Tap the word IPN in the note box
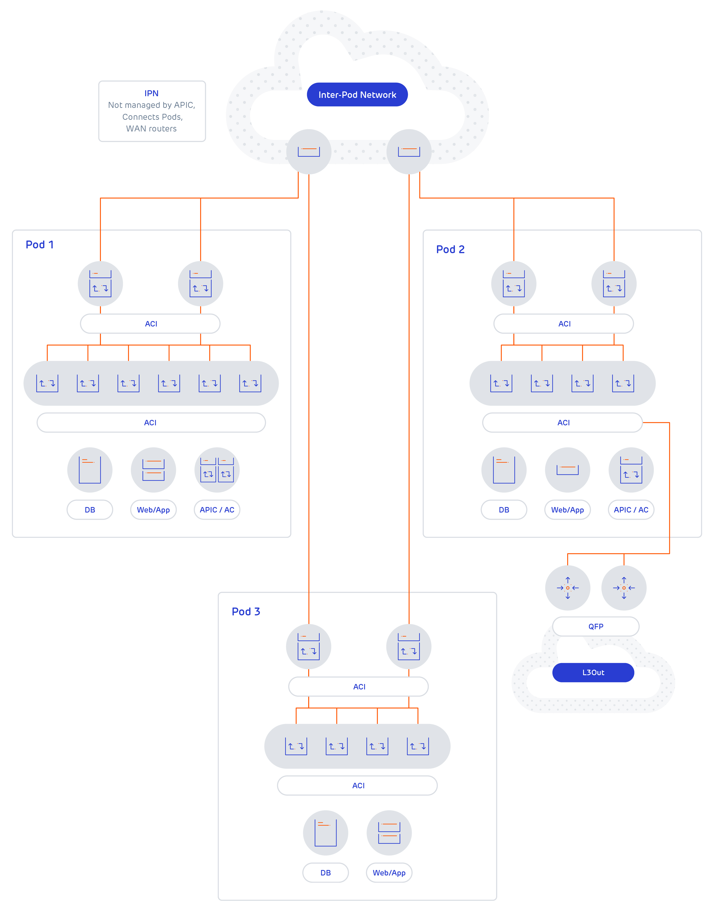pos(151,93)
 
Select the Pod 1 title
pos(40,245)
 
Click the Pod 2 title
pos(450,249)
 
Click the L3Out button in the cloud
pos(593,673)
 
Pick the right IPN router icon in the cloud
pos(409,151)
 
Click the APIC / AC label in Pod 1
pos(217,510)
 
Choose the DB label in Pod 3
pos(325,873)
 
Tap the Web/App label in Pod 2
pos(567,510)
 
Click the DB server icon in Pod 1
pos(90,470)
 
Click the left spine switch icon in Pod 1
pos(100,284)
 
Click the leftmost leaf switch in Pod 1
pos(47,383)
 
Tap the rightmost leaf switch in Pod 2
pos(623,383)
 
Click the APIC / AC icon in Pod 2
pos(631,470)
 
